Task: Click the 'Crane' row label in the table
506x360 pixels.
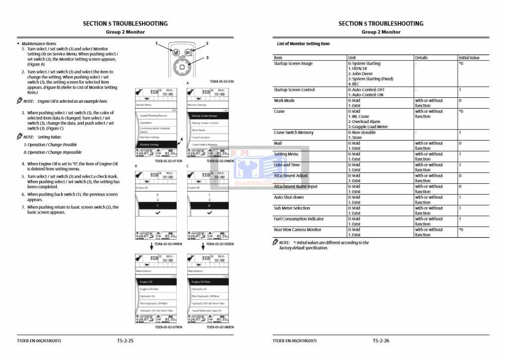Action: click(280, 111)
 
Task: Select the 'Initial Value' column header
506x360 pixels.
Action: click(469, 58)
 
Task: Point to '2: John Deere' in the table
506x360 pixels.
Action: click(361, 74)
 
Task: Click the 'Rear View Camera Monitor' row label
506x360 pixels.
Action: click(297, 229)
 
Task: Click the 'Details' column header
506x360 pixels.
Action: click(421, 58)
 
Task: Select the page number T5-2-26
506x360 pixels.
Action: click(381, 341)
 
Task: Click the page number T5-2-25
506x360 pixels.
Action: click(125, 341)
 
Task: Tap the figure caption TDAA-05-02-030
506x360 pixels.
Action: click(221, 81)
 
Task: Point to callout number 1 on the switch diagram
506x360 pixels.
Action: click(156, 44)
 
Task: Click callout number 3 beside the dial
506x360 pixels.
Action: click(207, 58)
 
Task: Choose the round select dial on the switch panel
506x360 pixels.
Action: click(182, 66)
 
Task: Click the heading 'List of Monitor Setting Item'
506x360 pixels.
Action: click(303, 44)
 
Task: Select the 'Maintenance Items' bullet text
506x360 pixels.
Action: click(39, 44)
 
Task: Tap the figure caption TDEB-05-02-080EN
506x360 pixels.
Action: click(220, 327)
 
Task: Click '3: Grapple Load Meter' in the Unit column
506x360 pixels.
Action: click(368, 127)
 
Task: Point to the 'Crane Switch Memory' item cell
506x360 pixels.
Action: click(293, 133)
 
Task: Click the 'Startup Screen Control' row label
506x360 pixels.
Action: click(294, 90)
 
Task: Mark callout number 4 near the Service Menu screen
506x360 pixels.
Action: click(182, 140)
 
